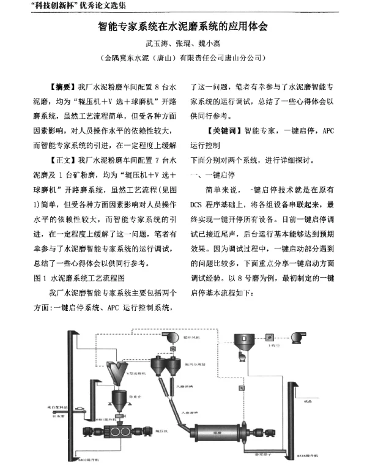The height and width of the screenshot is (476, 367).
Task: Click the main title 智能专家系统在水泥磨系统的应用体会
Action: tap(183, 27)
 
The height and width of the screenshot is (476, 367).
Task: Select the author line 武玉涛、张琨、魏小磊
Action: tap(183, 44)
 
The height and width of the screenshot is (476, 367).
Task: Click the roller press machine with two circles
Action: tap(117, 431)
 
